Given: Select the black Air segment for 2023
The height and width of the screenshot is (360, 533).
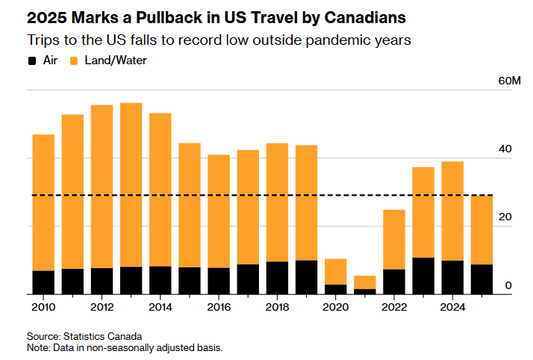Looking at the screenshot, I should (423, 276).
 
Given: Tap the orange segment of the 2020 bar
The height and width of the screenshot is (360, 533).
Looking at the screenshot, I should (336, 271).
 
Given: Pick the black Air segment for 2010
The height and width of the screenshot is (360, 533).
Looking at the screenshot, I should (43, 282).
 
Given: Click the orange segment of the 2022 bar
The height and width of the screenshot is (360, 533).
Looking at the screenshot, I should (394, 239).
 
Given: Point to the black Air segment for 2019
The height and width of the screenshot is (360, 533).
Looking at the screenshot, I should (306, 277).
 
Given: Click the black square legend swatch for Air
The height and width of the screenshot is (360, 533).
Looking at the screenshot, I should (31, 60).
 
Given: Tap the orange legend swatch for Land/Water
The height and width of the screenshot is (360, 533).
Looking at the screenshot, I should (75, 60).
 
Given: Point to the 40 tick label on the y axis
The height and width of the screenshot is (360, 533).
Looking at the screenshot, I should (505, 149).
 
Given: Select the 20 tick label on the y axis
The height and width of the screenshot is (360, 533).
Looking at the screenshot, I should (505, 217).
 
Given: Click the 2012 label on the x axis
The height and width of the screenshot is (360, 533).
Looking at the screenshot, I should (102, 307).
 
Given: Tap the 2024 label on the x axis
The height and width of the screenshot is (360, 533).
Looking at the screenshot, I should (452, 307).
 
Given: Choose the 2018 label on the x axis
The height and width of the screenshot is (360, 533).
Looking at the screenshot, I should (277, 307).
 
